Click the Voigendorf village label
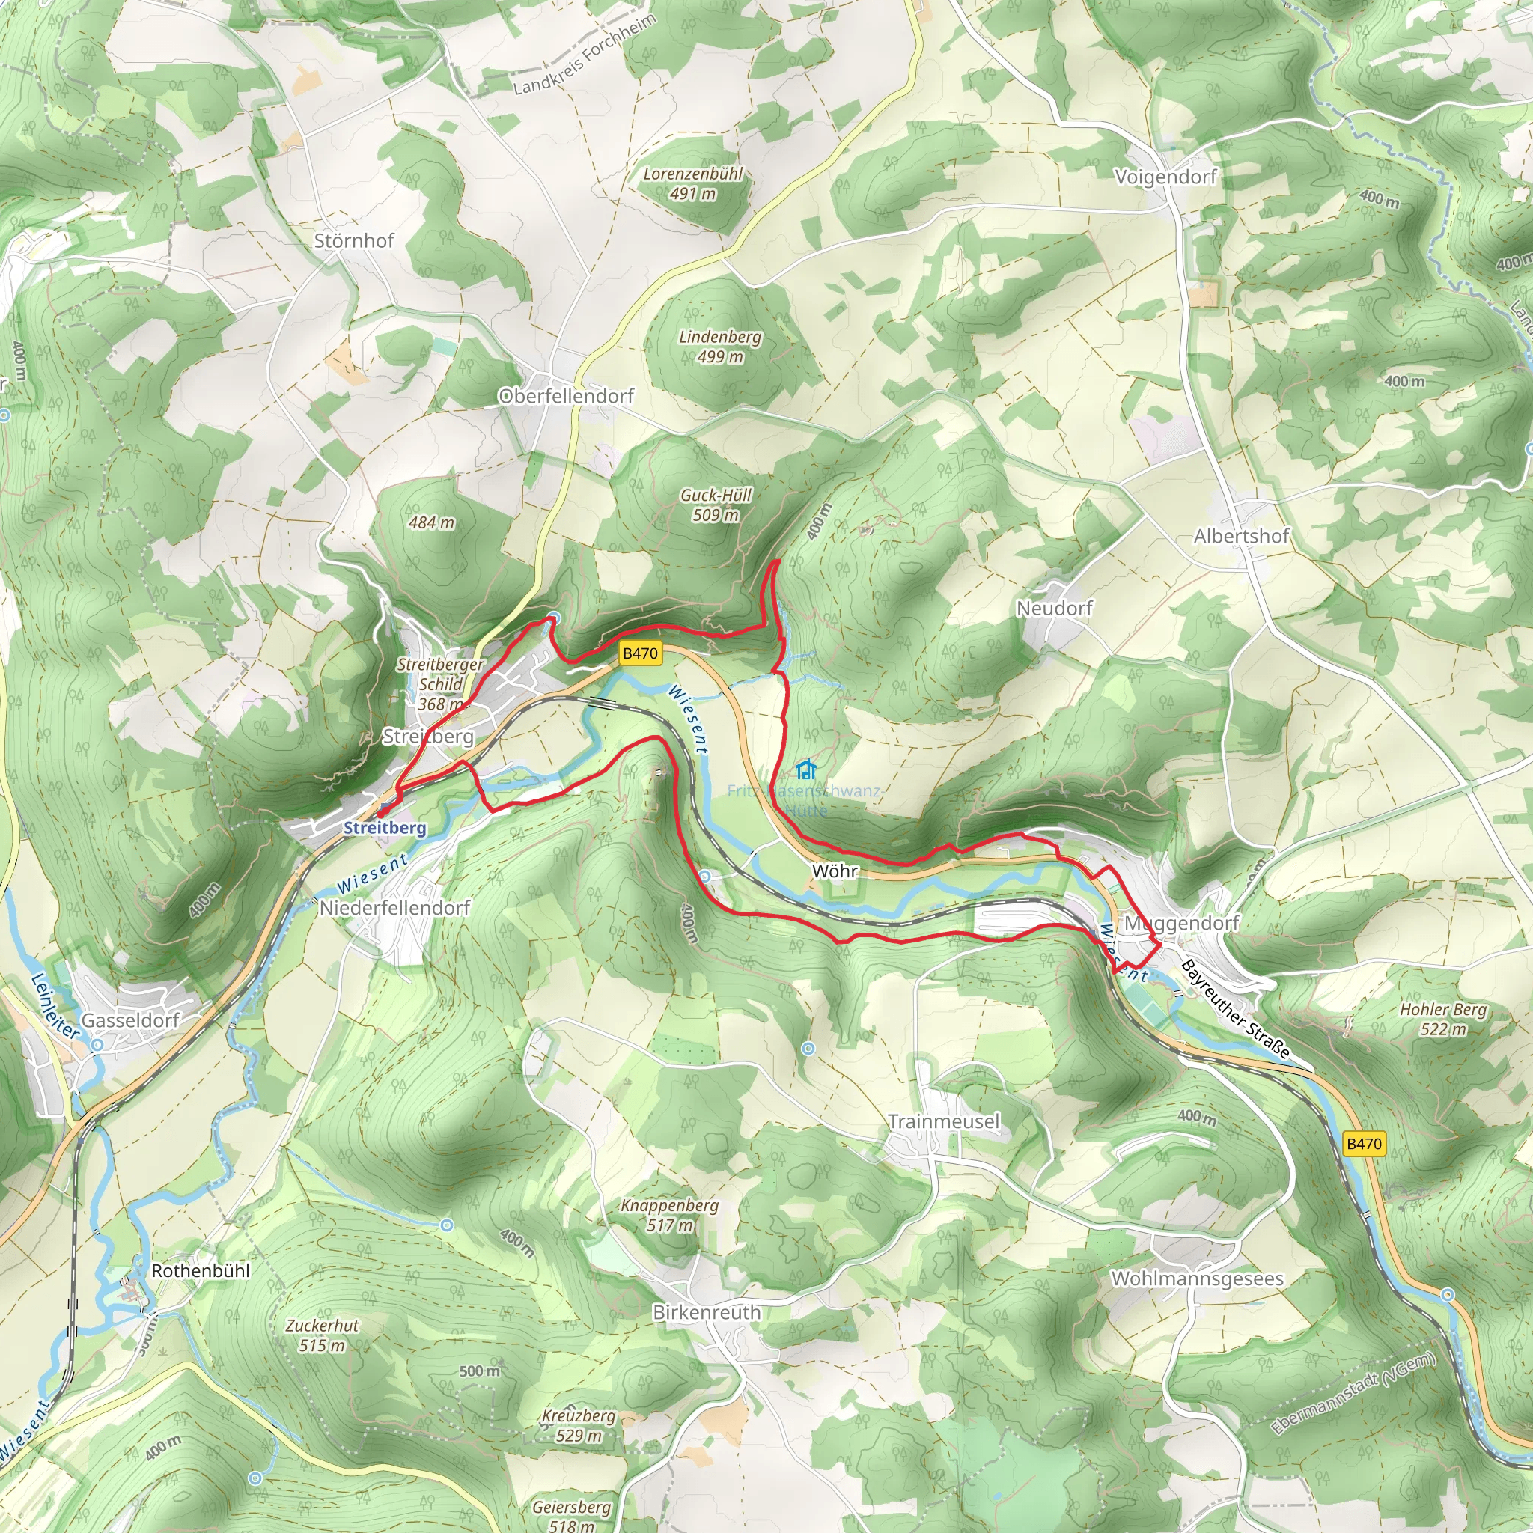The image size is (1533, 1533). (x=1165, y=177)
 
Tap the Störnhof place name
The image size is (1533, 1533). (x=354, y=240)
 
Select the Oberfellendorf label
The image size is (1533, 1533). (x=566, y=396)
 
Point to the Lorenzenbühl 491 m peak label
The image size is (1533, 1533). (x=692, y=183)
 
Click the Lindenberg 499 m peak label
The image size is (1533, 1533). (x=719, y=347)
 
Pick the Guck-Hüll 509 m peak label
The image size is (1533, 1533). (x=716, y=505)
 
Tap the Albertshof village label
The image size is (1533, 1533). (x=1242, y=537)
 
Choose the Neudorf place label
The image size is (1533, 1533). (x=1055, y=609)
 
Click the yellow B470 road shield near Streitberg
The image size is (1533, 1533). (x=640, y=653)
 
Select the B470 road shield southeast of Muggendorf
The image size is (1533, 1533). (x=1364, y=1144)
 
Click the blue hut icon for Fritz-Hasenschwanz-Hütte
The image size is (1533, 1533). (x=806, y=769)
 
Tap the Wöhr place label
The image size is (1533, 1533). (x=835, y=871)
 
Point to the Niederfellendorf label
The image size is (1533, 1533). (x=394, y=908)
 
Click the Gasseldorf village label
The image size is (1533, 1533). (x=131, y=1020)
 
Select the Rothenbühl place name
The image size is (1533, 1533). (x=200, y=1270)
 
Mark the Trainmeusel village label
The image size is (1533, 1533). (x=943, y=1121)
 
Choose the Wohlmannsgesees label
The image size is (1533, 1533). (x=1198, y=1278)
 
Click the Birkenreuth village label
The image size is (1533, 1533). (x=706, y=1312)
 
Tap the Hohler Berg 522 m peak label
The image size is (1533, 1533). (x=1442, y=1020)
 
